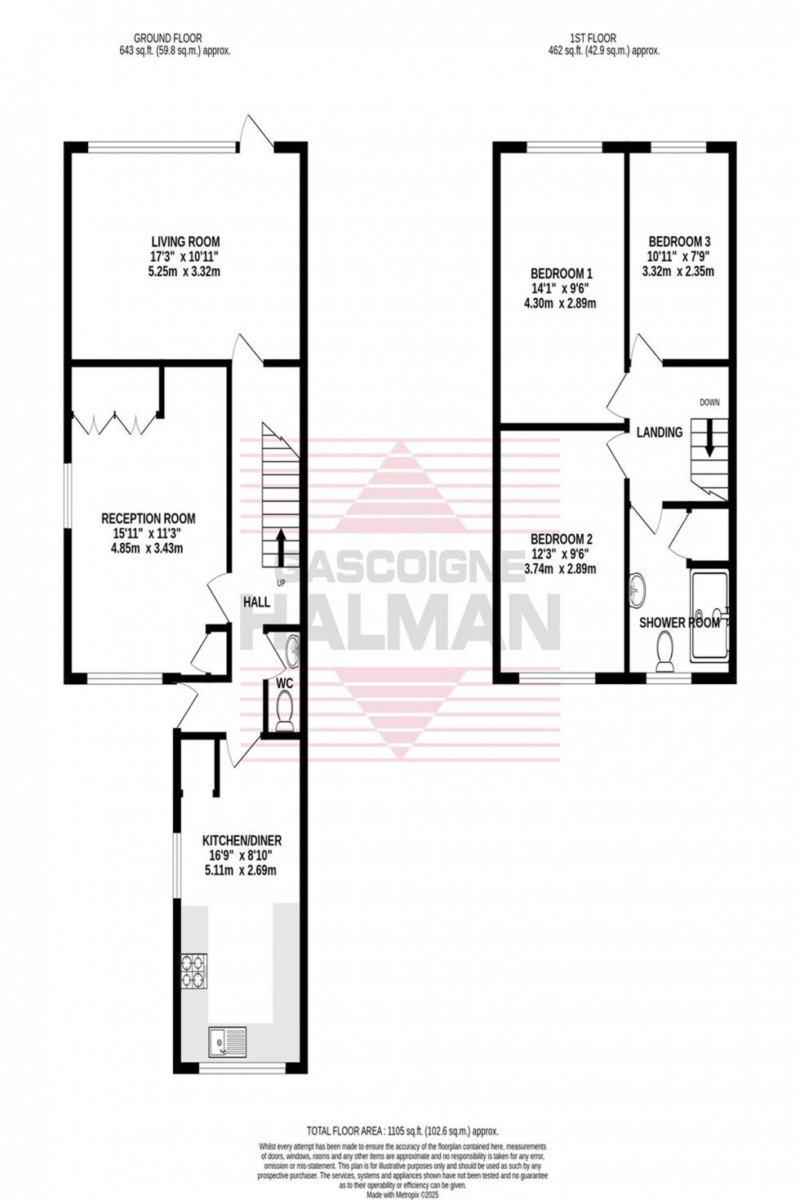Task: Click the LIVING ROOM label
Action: click(x=185, y=242)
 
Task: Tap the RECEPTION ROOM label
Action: click(x=148, y=518)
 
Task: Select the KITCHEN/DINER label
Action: click(x=242, y=840)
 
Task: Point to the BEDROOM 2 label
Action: click(x=562, y=540)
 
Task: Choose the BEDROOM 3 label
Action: click(x=679, y=242)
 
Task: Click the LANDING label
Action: click(x=660, y=433)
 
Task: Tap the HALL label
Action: click(x=256, y=602)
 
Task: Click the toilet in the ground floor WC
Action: click(x=285, y=709)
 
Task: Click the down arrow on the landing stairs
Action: click(x=709, y=438)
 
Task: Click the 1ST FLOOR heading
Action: click(x=593, y=38)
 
